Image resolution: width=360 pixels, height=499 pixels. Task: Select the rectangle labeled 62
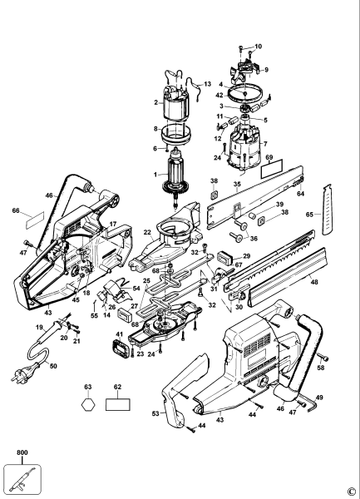tap(118, 409)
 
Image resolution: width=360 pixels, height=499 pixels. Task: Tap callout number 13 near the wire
tap(208, 84)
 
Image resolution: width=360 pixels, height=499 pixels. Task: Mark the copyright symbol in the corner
tap(353, 491)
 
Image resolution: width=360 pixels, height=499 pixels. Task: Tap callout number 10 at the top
tap(258, 46)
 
